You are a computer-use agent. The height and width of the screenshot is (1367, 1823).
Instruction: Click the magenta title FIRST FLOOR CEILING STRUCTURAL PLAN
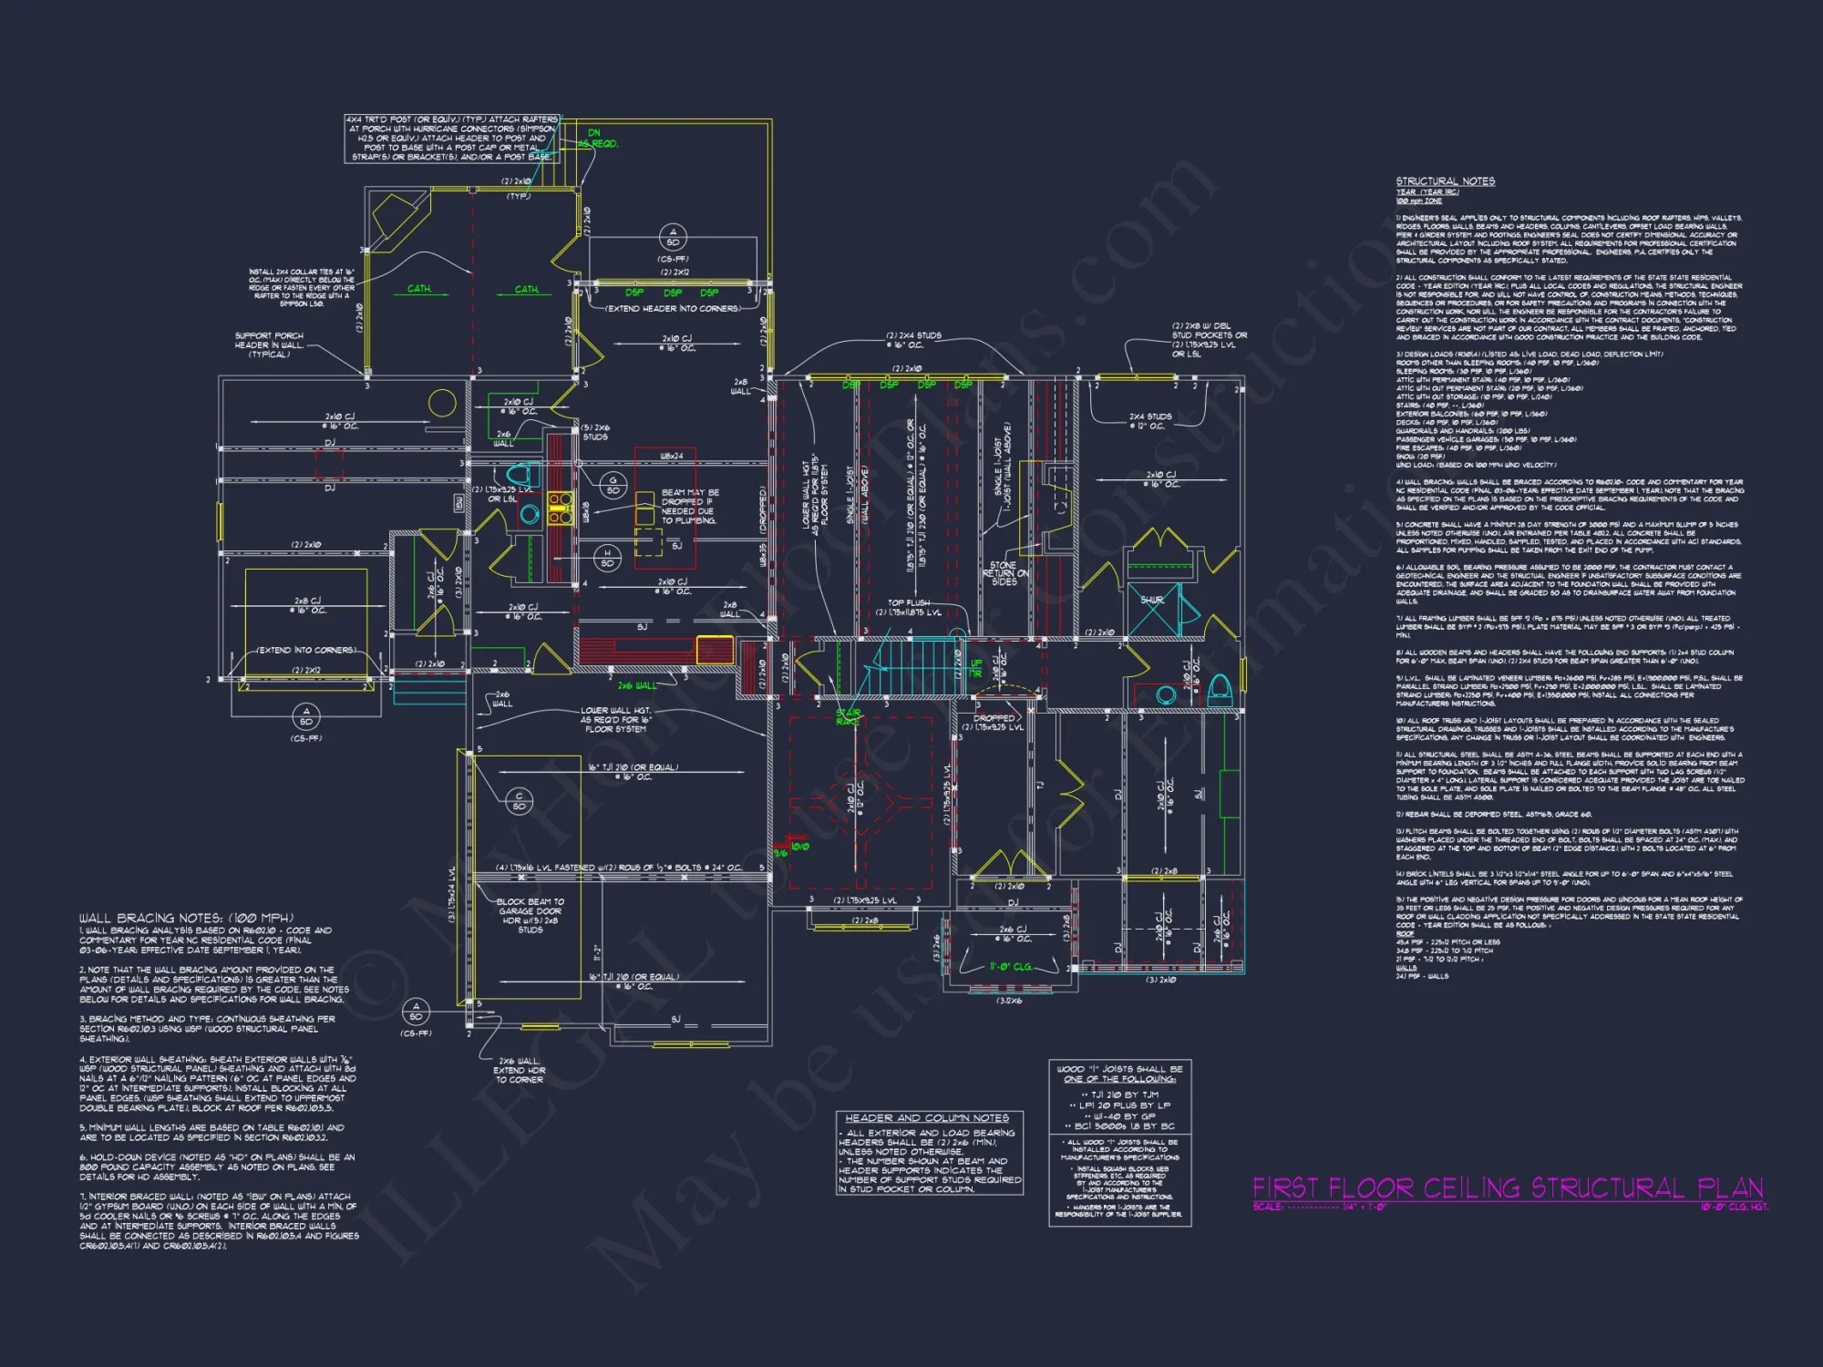[1508, 1187]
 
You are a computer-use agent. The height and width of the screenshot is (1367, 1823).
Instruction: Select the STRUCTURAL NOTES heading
[1446, 181]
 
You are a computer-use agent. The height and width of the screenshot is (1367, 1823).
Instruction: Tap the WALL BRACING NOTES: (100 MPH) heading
[186, 918]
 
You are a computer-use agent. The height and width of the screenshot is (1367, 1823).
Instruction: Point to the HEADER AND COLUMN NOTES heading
[927, 1118]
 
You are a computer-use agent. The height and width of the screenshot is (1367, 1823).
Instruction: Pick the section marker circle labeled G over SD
[613, 485]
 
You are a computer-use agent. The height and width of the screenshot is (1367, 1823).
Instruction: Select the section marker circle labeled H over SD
[608, 558]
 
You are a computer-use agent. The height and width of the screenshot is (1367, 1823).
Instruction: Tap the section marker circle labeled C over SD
[520, 801]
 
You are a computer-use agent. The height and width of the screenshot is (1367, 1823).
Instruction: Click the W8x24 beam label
[672, 456]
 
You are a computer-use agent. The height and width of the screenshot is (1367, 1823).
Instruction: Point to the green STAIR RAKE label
[848, 717]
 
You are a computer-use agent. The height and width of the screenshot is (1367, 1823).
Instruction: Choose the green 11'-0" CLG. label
[1011, 967]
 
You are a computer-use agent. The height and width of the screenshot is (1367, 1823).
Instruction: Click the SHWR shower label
[1152, 601]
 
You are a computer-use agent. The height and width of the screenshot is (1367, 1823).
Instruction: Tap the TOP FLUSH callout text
[909, 603]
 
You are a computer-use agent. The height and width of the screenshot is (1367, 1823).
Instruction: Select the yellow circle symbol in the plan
[442, 402]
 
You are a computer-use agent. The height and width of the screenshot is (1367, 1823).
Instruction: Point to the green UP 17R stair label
[976, 668]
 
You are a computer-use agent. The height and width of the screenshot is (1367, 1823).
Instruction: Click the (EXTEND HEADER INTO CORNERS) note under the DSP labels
[673, 309]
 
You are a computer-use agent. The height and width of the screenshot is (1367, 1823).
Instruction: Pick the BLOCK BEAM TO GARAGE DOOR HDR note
[530, 915]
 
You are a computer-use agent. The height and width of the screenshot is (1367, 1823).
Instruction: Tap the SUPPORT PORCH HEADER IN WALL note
[269, 344]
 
